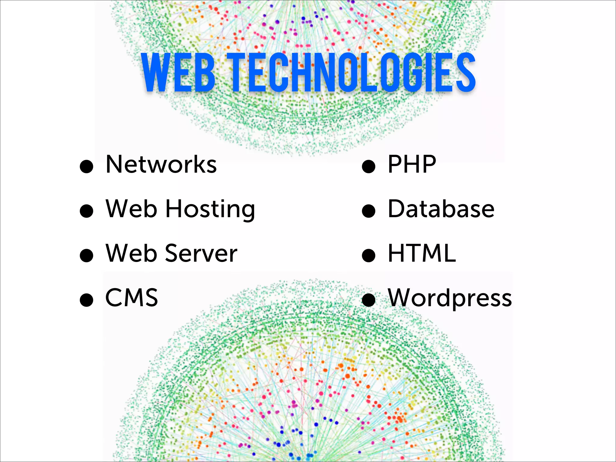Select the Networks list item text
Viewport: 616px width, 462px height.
[x=161, y=165]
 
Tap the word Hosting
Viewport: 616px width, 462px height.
[x=210, y=209]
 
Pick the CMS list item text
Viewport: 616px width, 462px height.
[x=132, y=298]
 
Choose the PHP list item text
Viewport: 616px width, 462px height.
[x=412, y=165]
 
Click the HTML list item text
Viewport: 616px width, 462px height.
[x=422, y=254]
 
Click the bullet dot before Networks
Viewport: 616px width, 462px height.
[x=87, y=166]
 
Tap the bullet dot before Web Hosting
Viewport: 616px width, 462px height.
[x=87, y=211]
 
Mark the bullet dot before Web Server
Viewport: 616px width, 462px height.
[x=87, y=255]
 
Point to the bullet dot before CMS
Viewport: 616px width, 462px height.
[x=87, y=300]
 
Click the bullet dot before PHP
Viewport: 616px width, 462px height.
[x=369, y=166]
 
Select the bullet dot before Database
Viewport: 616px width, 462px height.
[x=369, y=211]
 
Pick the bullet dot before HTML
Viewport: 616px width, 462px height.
[x=369, y=255]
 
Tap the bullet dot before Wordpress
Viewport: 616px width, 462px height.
[x=369, y=300]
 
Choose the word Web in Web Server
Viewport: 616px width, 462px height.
[x=131, y=254]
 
